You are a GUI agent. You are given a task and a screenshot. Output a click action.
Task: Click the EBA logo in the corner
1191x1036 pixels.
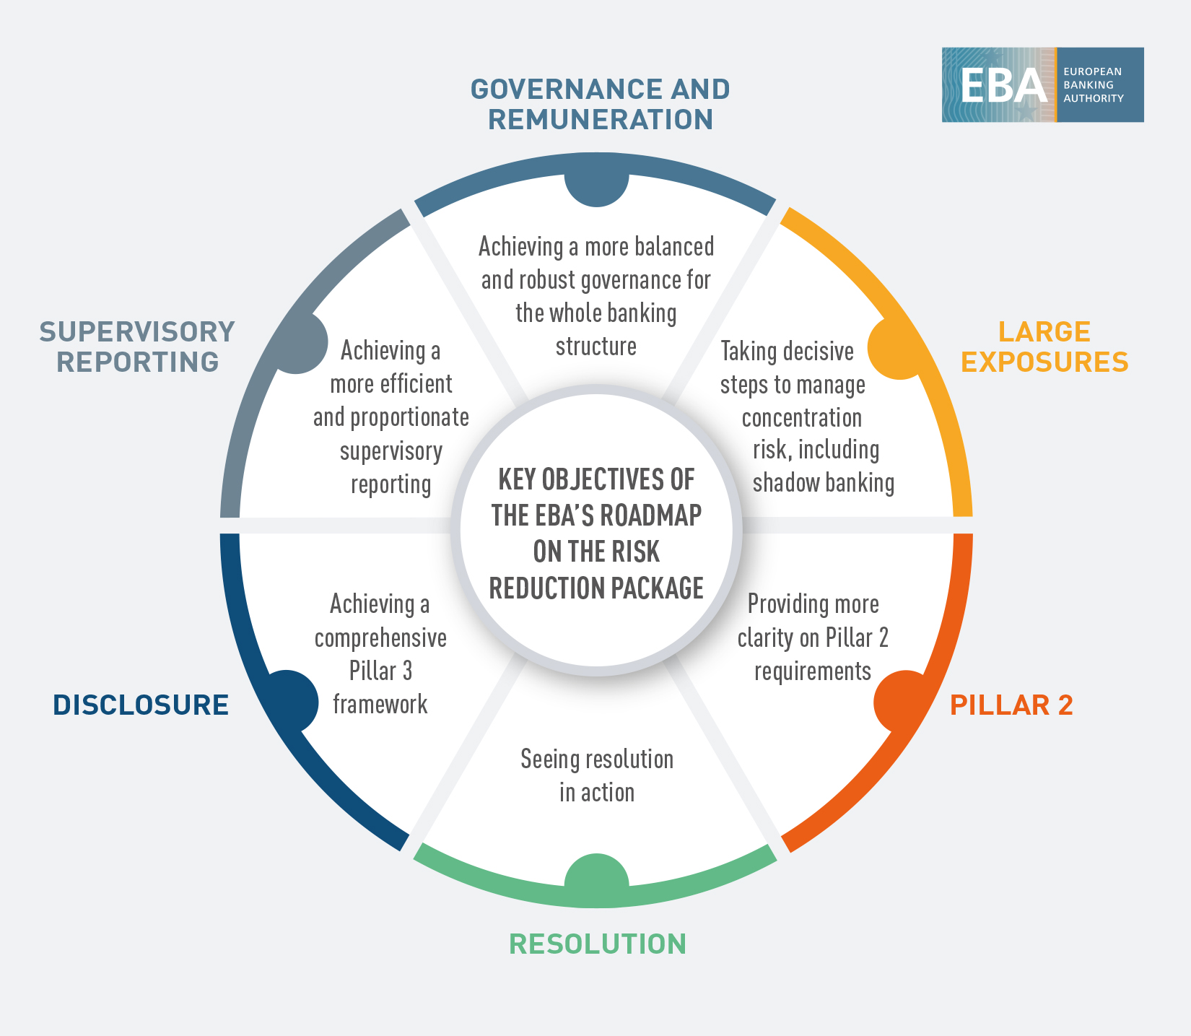click(x=1042, y=84)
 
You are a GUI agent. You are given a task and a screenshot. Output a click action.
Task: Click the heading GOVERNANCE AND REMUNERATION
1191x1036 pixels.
click(x=600, y=105)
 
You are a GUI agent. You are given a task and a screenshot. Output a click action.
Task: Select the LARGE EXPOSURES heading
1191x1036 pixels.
click(x=1044, y=347)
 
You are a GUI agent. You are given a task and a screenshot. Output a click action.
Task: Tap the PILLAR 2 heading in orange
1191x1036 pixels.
click(x=1011, y=705)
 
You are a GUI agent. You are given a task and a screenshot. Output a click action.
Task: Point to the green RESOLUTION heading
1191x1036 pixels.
click(x=598, y=944)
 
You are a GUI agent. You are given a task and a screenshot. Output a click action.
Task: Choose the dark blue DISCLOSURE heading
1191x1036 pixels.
click(x=141, y=705)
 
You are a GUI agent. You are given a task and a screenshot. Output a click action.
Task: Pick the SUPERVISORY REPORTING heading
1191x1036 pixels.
click(x=137, y=347)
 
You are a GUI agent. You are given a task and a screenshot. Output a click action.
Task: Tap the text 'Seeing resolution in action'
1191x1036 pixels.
click(x=597, y=776)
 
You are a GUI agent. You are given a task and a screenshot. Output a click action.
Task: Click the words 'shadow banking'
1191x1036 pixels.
click(x=823, y=483)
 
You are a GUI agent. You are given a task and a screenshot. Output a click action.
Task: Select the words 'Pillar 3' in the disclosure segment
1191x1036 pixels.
click(x=380, y=671)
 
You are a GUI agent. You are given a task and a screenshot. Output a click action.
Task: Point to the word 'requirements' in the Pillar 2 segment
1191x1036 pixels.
click(x=813, y=671)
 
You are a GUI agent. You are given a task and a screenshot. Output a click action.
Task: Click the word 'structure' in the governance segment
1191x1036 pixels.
click(x=596, y=347)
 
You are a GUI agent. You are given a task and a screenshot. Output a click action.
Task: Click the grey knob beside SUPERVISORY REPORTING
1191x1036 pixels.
click(x=300, y=344)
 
